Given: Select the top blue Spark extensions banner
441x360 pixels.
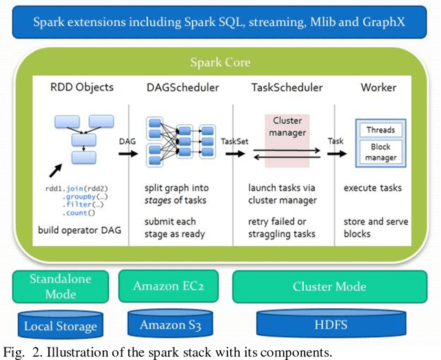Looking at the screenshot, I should pos(219,22).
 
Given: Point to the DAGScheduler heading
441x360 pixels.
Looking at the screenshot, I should pos(183,88).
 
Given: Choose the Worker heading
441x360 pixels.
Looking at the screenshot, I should pos(378,88).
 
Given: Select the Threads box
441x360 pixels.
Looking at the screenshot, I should pos(380,130).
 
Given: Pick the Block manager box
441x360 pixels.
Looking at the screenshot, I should pos(380,152).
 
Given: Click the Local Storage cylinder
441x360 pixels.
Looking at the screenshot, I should pos(61,325).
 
